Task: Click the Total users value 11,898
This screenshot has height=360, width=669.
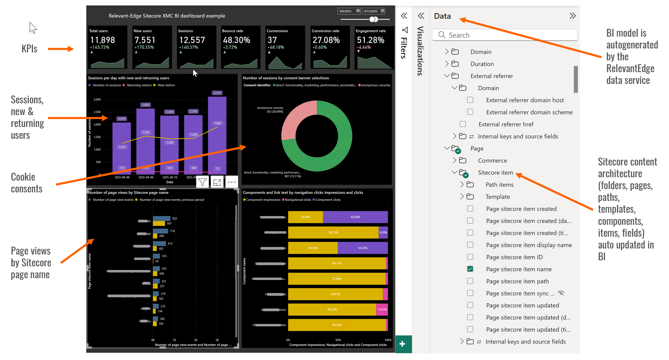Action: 102,40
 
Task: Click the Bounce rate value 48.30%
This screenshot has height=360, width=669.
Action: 236,40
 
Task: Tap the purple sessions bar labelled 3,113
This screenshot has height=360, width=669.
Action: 217,133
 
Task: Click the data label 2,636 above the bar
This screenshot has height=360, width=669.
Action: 146,105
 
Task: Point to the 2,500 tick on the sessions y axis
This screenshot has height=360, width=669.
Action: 97,112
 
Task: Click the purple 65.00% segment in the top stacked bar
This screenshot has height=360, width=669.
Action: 355,217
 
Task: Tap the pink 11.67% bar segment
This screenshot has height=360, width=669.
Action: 382,309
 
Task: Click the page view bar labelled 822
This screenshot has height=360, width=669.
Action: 162,218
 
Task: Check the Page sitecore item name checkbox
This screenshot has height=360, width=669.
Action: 470,269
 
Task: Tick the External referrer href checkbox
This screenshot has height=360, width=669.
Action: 463,124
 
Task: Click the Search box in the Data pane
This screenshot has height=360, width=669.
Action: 505,35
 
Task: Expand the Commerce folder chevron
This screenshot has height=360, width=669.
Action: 454,160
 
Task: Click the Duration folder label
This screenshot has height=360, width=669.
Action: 482,64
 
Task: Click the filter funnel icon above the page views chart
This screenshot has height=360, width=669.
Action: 202,182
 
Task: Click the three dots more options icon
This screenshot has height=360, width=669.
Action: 232,182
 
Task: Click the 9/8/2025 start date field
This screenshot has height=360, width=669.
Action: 346,11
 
